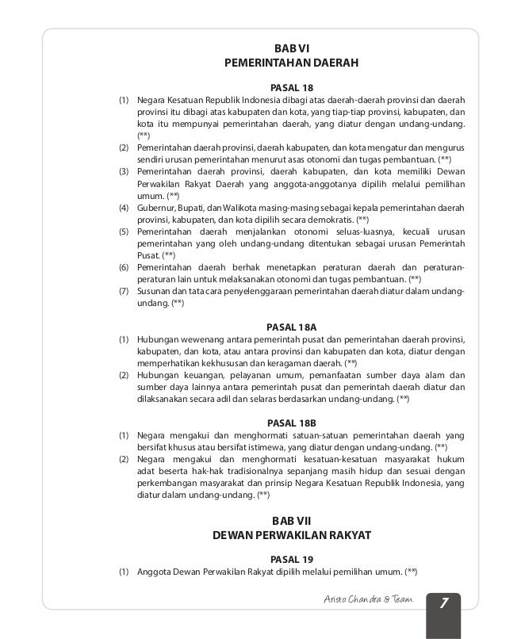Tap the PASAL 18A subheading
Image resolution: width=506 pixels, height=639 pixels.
(292, 326)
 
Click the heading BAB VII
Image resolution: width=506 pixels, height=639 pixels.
(292, 519)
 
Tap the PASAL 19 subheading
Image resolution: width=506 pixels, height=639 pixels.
(292, 559)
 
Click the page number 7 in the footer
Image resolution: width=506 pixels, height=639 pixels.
(444, 605)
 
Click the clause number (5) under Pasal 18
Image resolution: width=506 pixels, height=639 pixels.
(125, 231)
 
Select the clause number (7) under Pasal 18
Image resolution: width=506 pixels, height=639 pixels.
(125, 291)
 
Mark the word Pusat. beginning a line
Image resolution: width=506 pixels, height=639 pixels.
(148, 255)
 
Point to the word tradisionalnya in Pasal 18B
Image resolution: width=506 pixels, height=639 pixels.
(255, 471)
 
